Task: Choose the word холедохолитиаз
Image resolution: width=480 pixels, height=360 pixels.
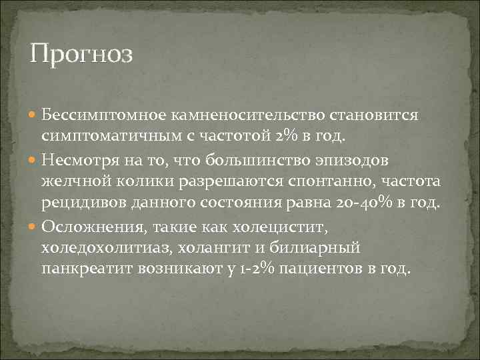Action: tap(108, 248)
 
